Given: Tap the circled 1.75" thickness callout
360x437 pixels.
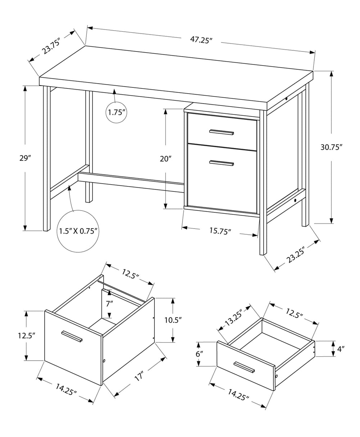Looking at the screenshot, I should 116,112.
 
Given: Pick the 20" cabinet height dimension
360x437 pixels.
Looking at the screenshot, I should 165,159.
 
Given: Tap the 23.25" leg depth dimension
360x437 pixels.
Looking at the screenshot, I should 296,255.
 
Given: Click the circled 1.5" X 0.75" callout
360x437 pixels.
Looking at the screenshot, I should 78,231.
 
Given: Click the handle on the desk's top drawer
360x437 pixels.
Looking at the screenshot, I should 221,132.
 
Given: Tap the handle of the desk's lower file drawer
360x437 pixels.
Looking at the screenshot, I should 221,163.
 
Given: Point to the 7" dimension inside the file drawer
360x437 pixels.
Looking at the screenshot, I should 109,303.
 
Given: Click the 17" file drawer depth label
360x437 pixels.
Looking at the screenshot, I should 139,377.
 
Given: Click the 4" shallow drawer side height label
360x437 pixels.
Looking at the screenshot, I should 341,348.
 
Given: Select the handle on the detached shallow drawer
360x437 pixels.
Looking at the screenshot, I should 244,367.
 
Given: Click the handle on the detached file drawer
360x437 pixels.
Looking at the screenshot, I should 72,336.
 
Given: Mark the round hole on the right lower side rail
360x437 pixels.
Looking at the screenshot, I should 295,200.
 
